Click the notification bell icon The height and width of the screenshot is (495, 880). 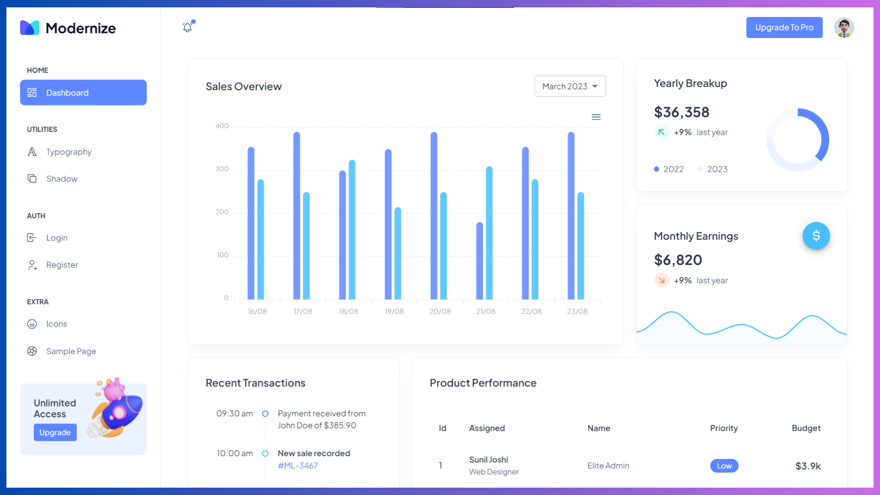pyautogui.click(x=187, y=27)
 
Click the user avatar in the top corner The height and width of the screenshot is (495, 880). pyautogui.click(x=844, y=27)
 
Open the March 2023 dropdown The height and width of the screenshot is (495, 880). pyautogui.click(x=570, y=86)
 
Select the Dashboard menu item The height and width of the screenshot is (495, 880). pyautogui.click(x=83, y=93)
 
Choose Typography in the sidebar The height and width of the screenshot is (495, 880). pyautogui.click(x=69, y=152)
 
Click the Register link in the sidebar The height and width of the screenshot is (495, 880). pyautogui.click(x=62, y=265)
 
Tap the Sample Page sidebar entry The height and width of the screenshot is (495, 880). pyautogui.click(x=71, y=351)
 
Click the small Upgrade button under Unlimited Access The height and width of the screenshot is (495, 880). pyautogui.click(x=55, y=432)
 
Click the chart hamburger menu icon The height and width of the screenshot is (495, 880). pyautogui.click(x=596, y=117)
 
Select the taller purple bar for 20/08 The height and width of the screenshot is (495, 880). pyautogui.click(x=434, y=215)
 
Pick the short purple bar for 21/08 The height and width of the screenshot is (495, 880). pyautogui.click(x=479, y=261)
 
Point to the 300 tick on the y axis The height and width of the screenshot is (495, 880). pyautogui.click(x=222, y=169)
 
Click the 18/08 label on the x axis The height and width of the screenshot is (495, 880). pyautogui.click(x=348, y=312)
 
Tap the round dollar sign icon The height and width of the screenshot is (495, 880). pyautogui.click(x=816, y=236)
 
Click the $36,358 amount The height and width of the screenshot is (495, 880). pyautogui.click(x=682, y=112)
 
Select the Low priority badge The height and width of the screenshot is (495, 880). pyautogui.click(x=724, y=466)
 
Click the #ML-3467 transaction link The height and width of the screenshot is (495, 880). pyautogui.click(x=297, y=466)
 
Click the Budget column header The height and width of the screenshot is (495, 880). pyautogui.click(x=806, y=428)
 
